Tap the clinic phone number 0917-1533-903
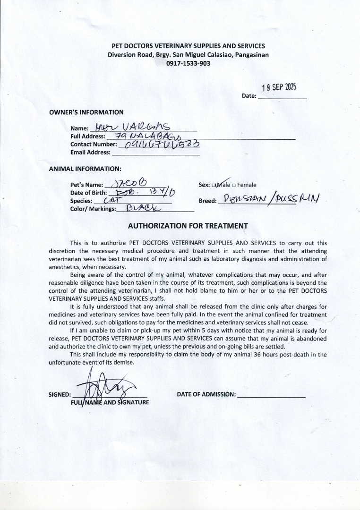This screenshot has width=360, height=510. (188, 63)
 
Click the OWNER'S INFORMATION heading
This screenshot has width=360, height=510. (86, 112)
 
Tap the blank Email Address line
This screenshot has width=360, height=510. (155, 153)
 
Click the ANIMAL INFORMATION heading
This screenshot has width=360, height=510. (85, 169)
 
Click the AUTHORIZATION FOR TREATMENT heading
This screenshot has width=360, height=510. (188, 226)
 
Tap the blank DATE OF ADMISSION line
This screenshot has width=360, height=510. (271, 394)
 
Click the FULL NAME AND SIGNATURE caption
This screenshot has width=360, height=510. (110, 403)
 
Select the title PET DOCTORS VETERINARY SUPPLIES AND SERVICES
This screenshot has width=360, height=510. (188, 46)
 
